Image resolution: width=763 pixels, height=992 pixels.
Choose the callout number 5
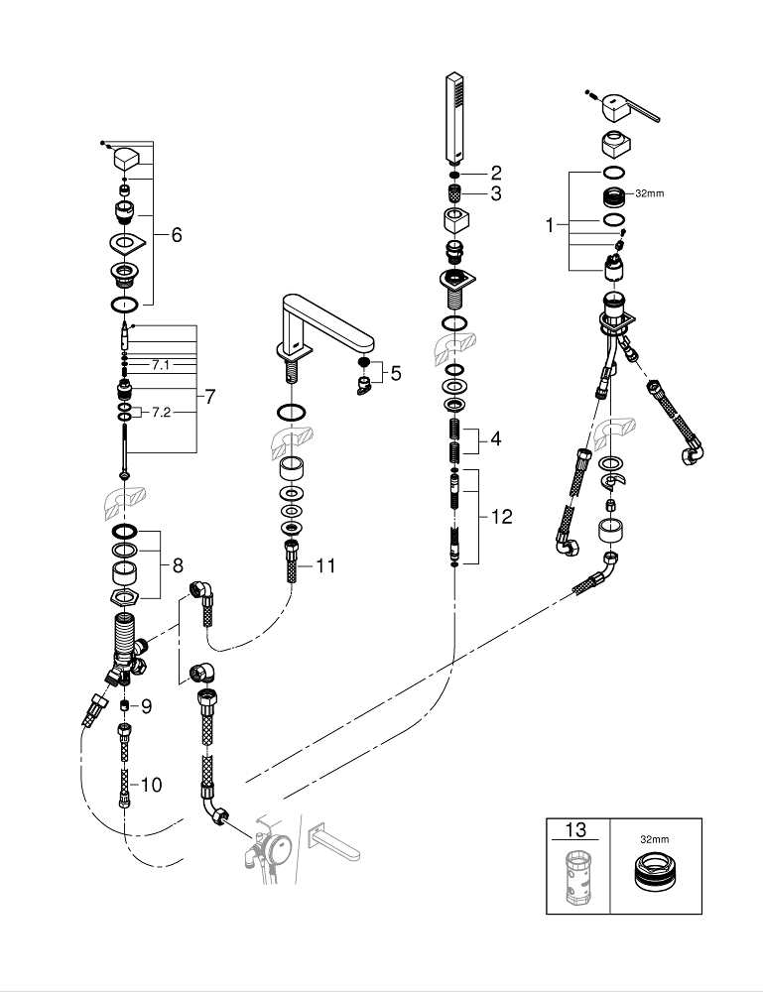[396, 373]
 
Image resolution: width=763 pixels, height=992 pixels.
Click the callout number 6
[177, 235]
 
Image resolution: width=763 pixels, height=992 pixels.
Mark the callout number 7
[209, 396]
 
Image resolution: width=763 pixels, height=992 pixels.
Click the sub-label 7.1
[160, 365]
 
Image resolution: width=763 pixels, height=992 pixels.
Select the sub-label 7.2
[160, 412]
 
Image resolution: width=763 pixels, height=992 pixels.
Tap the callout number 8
[178, 565]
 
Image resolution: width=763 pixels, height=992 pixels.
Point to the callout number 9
[145, 706]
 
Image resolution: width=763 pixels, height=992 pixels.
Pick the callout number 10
[150, 785]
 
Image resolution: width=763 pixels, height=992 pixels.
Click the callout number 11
[325, 566]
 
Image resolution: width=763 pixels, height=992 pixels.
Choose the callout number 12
[502, 517]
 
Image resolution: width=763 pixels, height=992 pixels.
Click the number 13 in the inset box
[576, 830]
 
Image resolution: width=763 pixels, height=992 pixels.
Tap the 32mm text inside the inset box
[654, 838]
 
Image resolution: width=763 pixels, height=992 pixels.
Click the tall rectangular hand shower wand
[454, 117]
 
